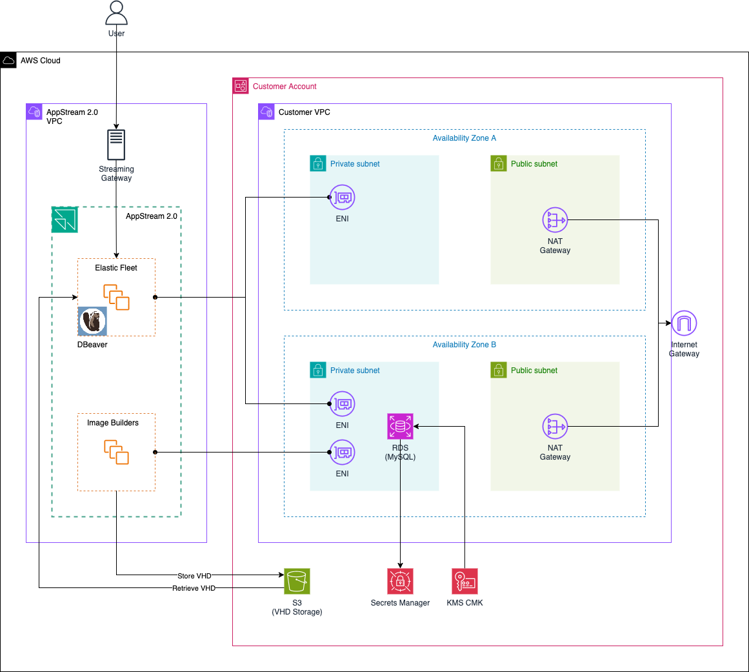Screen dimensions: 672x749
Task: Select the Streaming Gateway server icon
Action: pyautogui.click(x=116, y=145)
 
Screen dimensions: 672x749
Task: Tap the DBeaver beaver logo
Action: pyautogui.click(x=92, y=321)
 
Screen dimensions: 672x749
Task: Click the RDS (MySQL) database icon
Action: pyautogui.click(x=400, y=426)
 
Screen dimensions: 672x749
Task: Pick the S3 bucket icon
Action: pyautogui.click(x=297, y=581)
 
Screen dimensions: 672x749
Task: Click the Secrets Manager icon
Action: pyautogui.click(x=400, y=581)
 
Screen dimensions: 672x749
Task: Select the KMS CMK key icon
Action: pyautogui.click(x=464, y=581)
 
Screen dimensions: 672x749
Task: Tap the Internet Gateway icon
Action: pyautogui.click(x=684, y=323)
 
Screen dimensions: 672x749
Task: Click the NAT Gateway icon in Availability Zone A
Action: pyautogui.click(x=555, y=220)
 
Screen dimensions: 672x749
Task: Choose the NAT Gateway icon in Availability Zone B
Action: pyautogui.click(x=555, y=427)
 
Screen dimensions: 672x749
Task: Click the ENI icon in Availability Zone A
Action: pyautogui.click(x=342, y=198)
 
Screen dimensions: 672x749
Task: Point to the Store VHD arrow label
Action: pyautogui.click(x=194, y=576)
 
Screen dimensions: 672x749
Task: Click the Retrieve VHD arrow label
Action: pyautogui.click(x=194, y=588)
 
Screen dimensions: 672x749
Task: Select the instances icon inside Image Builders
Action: pyautogui.click(x=116, y=452)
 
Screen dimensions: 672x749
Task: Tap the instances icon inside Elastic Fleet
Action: pyautogui.click(x=116, y=297)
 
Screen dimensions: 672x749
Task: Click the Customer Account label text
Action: pyautogui.click(x=285, y=87)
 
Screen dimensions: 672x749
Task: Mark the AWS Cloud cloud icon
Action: pyautogui.click(x=8, y=61)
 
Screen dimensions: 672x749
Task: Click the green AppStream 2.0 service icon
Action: pyautogui.click(x=65, y=219)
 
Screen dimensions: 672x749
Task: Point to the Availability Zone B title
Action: pyautogui.click(x=464, y=345)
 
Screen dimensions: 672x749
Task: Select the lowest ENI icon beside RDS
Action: pyautogui.click(x=342, y=453)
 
